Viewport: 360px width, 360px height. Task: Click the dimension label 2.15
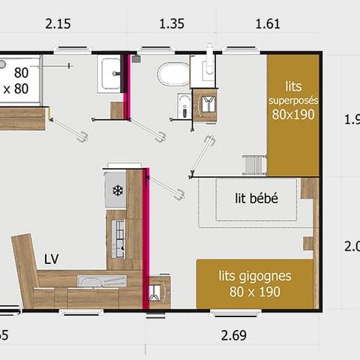pos(57,24)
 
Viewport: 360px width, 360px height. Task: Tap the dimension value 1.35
pos(172,24)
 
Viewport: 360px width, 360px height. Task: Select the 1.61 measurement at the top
pos(267,24)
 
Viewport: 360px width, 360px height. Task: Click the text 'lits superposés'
pos(292,93)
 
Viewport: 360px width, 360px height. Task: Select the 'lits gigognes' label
pos(255,275)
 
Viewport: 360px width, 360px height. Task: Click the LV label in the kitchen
pos(52,259)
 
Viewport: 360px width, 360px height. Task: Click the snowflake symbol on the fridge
pos(117,190)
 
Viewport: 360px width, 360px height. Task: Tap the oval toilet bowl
pos(173,74)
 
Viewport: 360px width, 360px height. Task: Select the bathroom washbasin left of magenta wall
pos(110,73)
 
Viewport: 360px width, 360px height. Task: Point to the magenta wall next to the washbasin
pos(127,86)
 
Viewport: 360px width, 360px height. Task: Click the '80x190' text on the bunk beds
pos(292,115)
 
